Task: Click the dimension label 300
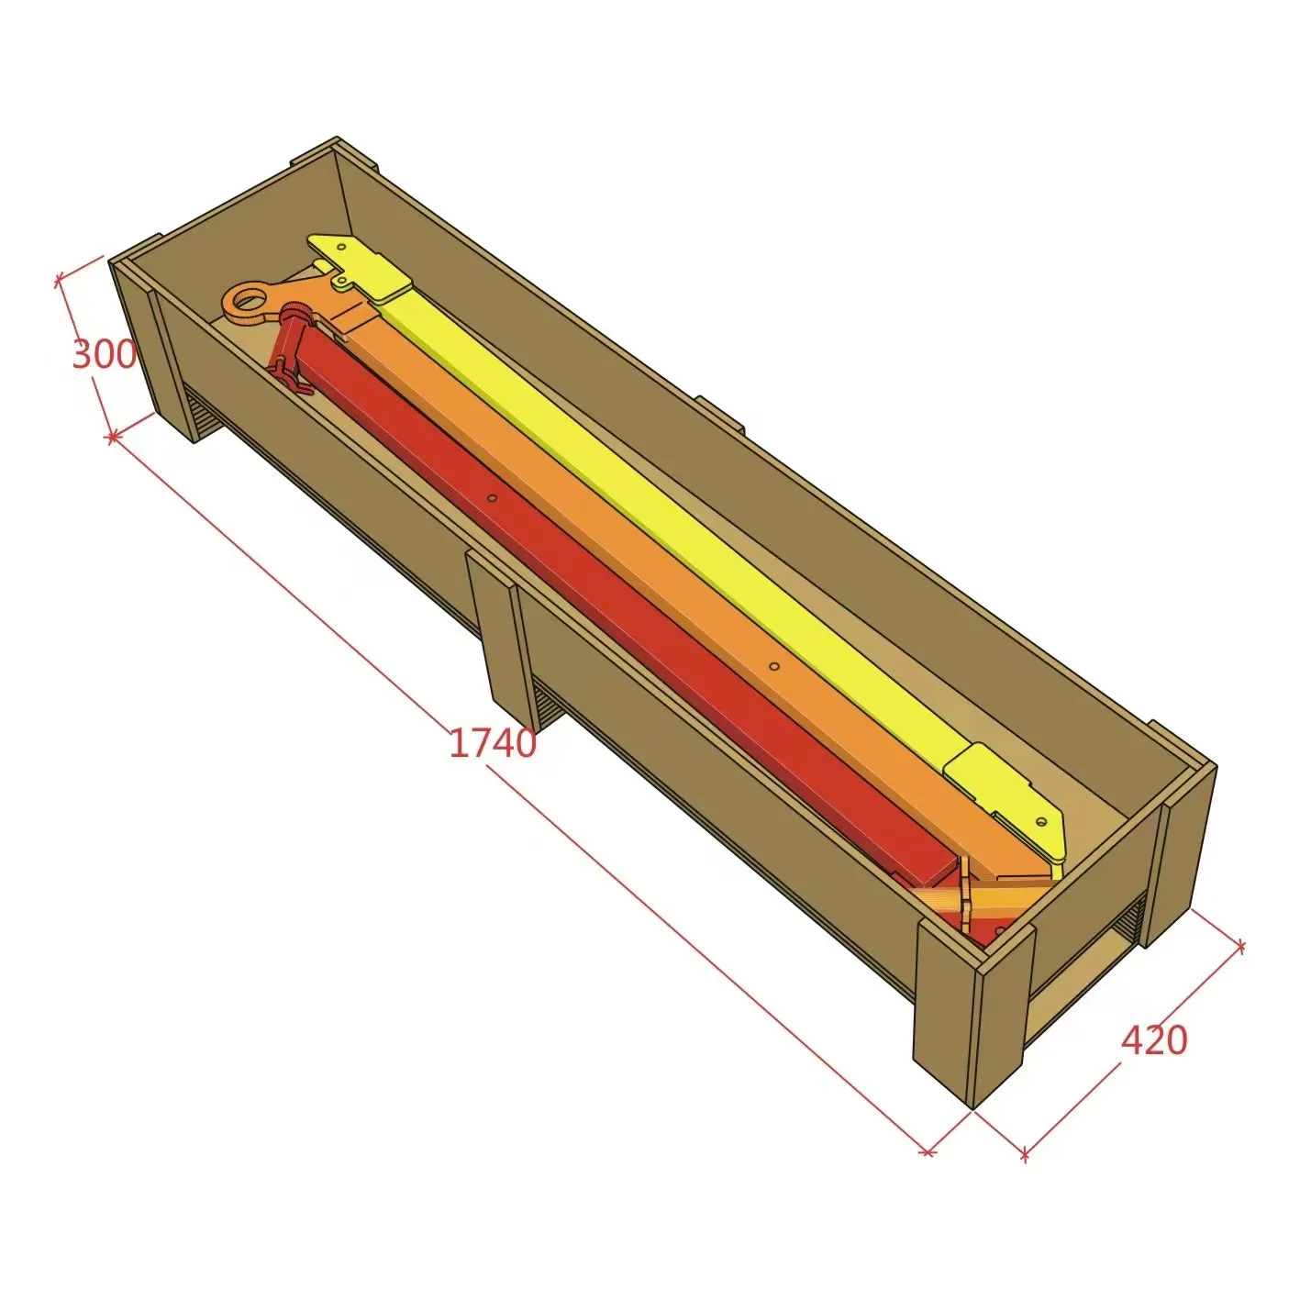point(105,354)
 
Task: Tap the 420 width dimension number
point(1154,1040)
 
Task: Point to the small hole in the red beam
point(492,498)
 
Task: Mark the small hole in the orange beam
point(773,666)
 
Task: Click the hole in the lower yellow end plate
point(1041,822)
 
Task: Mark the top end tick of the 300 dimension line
point(60,276)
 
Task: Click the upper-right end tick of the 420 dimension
point(1241,946)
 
